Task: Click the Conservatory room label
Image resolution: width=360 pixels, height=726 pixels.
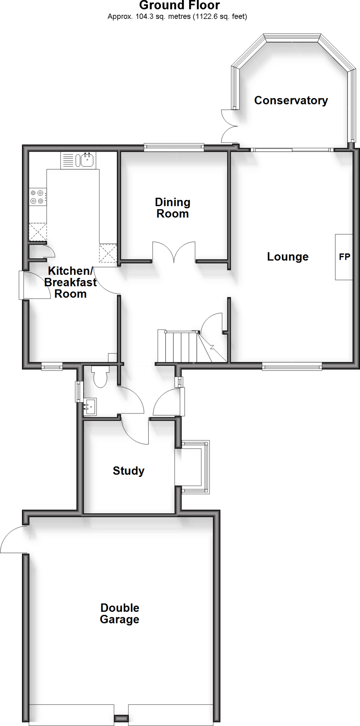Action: click(x=291, y=100)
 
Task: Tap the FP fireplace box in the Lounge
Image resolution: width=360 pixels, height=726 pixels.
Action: click(x=344, y=257)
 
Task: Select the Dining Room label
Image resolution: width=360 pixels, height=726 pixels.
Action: click(x=173, y=208)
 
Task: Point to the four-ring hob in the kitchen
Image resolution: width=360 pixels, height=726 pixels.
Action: click(x=37, y=197)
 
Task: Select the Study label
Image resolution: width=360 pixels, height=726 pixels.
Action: click(x=128, y=471)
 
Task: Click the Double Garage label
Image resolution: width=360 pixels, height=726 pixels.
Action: click(x=120, y=613)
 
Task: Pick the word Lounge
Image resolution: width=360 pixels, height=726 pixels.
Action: click(x=288, y=257)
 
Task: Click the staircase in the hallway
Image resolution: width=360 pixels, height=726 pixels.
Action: click(x=181, y=347)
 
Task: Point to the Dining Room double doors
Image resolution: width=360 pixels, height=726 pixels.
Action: click(x=174, y=252)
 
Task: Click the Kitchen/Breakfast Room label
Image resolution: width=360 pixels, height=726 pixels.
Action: click(x=70, y=282)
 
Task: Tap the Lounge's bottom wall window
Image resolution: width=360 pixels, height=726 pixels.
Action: click(x=292, y=366)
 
